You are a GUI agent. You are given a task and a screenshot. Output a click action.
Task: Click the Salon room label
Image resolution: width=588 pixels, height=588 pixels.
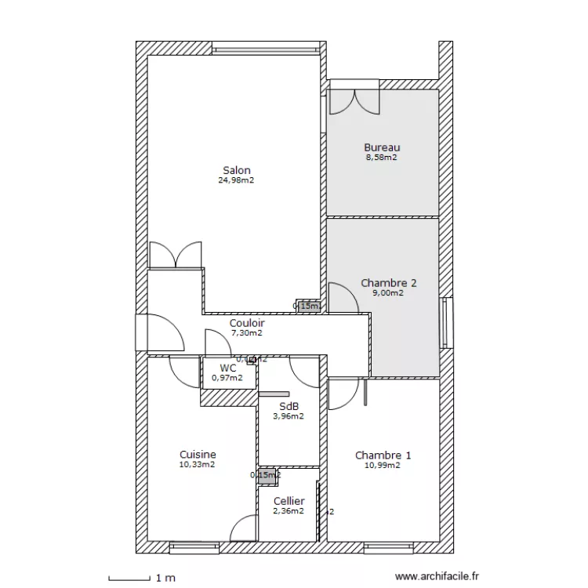(x=236, y=170)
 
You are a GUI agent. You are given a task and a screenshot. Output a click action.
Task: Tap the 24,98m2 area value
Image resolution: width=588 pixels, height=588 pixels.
(x=236, y=180)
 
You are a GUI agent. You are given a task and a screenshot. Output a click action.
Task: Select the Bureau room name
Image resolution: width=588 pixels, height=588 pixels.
(x=382, y=147)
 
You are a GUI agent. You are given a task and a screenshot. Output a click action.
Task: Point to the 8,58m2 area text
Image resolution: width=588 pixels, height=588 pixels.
(x=382, y=157)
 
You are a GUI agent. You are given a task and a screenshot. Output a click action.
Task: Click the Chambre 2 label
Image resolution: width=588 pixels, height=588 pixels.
(x=388, y=283)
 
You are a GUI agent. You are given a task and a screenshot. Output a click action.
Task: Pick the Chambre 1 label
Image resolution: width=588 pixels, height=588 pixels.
(x=383, y=456)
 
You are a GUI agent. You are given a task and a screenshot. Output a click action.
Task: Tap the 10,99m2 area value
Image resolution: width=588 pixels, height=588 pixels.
(x=383, y=465)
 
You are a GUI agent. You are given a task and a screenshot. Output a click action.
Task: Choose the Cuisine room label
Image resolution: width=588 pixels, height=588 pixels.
(x=198, y=455)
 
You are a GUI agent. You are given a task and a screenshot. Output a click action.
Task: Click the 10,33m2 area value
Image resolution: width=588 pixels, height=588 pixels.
(x=198, y=464)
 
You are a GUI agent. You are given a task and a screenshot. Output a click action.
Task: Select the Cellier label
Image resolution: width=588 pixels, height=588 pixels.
(x=289, y=501)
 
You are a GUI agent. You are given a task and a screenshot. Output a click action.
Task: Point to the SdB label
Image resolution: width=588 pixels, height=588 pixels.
(x=289, y=406)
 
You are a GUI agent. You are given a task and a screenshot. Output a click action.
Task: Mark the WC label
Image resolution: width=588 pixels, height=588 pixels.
(x=227, y=368)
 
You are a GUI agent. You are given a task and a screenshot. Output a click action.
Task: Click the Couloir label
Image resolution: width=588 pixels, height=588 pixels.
(x=247, y=323)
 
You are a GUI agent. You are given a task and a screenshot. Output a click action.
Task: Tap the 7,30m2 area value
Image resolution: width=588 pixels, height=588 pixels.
(x=247, y=332)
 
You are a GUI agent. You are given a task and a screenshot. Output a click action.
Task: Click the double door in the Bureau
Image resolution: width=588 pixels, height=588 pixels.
(x=354, y=101)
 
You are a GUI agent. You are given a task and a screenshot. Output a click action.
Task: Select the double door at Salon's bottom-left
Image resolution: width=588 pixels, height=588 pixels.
(x=176, y=254)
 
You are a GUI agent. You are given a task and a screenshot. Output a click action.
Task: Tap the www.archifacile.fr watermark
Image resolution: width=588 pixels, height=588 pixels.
(x=437, y=576)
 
